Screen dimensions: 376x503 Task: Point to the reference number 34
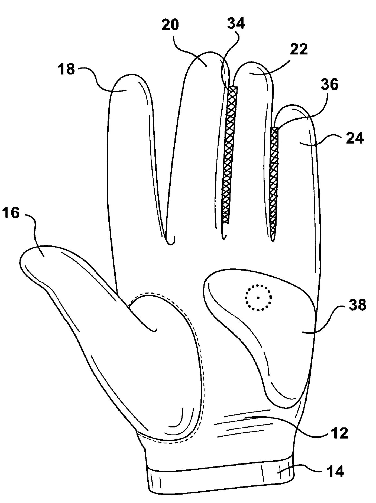[x=236, y=23]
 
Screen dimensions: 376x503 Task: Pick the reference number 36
[x=330, y=85]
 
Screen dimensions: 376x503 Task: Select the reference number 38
[x=357, y=305]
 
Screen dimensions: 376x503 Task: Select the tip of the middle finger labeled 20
[x=207, y=51]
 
